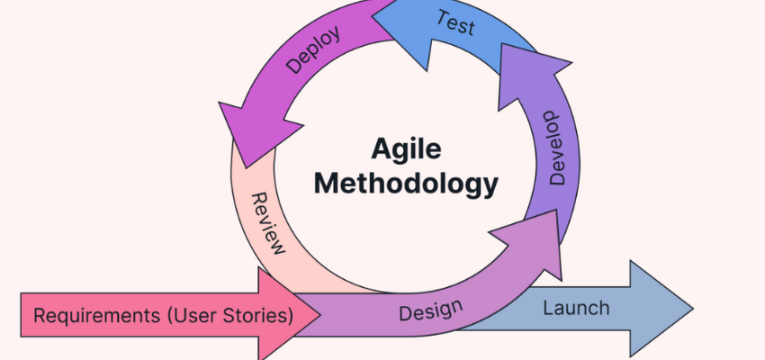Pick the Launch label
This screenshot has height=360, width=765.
tap(576, 309)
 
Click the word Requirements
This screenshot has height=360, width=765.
tap(89, 316)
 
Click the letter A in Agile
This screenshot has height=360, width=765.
tap(379, 149)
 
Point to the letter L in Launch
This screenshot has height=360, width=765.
tap(547, 309)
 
